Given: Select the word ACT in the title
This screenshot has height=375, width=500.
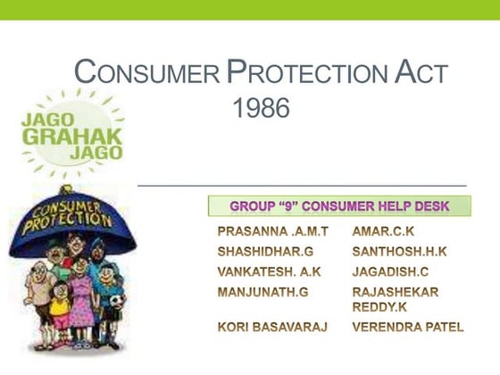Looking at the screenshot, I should pyautogui.click(x=418, y=72).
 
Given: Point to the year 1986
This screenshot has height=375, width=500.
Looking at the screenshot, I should pyautogui.click(x=261, y=110).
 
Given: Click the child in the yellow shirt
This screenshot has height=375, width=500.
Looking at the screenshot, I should pyautogui.click(x=60, y=304).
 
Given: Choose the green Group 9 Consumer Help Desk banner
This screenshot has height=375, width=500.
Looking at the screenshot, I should pyautogui.click(x=339, y=206).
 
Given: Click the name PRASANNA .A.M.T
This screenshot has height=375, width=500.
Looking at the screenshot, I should pyautogui.click(x=272, y=232).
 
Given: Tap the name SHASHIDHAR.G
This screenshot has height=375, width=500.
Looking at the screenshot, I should pyautogui.click(x=265, y=252).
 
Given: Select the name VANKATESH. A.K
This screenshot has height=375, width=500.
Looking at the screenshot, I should pyautogui.click(x=269, y=271).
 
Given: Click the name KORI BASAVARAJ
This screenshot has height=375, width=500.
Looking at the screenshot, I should pyautogui.click(x=272, y=328).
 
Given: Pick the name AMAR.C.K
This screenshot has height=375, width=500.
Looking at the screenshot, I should pyautogui.click(x=383, y=232).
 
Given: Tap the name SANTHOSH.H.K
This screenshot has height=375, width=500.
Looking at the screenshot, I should pyautogui.click(x=399, y=252).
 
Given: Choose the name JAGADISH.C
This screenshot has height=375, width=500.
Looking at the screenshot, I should pyautogui.click(x=391, y=271).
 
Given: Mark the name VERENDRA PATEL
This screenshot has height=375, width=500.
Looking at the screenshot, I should pyautogui.click(x=408, y=328).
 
